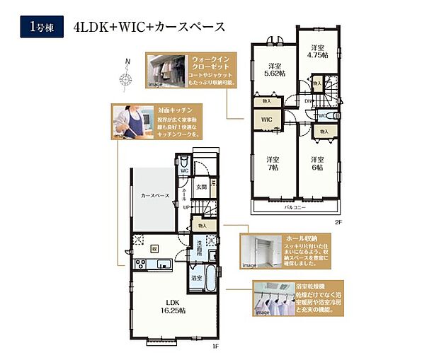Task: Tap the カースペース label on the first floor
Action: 154,196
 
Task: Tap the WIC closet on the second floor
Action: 266,121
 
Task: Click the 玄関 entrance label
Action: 201,187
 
